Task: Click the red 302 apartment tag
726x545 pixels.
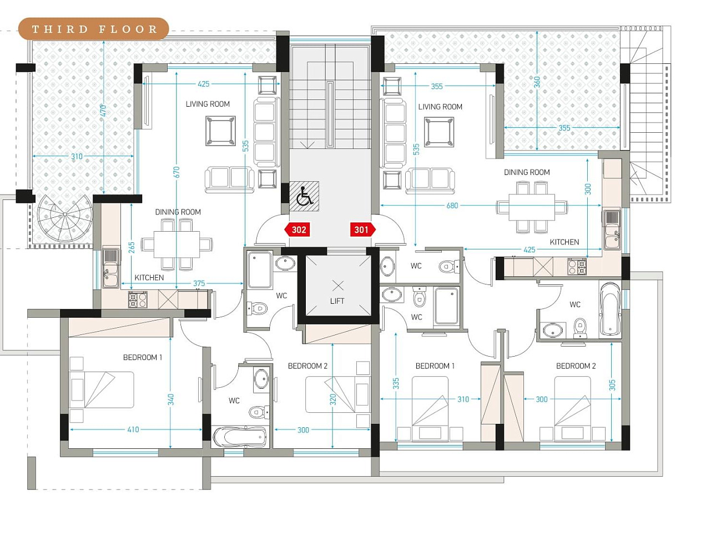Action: [x=298, y=229]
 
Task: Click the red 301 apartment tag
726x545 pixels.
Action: [x=363, y=229]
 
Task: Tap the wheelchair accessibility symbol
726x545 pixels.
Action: [x=304, y=196]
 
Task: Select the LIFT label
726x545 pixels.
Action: [x=337, y=301]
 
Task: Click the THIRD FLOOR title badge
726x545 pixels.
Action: [x=94, y=29]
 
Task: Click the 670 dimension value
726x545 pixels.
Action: [x=177, y=172]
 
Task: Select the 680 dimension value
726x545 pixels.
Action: [x=452, y=206]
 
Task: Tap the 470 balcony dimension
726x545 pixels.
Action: [x=103, y=111]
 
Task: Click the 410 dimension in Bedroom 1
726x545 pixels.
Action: [x=133, y=429]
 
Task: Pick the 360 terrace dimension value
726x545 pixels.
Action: [x=537, y=82]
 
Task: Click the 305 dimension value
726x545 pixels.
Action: [x=612, y=385]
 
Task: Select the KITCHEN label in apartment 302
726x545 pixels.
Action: [x=149, y=278]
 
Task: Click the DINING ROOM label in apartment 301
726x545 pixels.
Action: [x=527, y=172]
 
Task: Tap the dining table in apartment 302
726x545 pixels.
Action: [x=177, y=244]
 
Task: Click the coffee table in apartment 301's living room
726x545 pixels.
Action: [x=439, y=132]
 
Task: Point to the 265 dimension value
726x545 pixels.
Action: [x=132, y=248]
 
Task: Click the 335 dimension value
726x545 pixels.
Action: [x=396, y=383]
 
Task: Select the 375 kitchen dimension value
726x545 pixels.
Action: [x=199, y=283]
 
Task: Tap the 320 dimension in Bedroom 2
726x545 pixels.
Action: [x=332, y=400]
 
